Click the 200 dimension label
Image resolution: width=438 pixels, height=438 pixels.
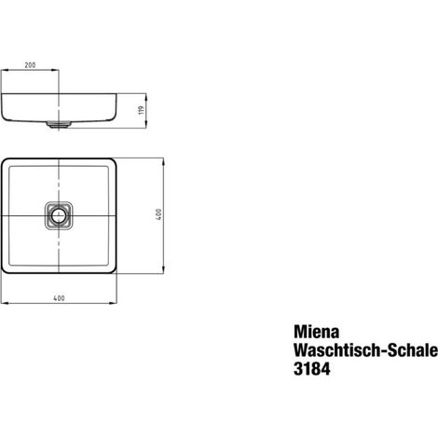pyautogui.click(x=30, y=65)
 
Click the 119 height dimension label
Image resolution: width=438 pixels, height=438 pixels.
pyautogui.click(x=142, y=110)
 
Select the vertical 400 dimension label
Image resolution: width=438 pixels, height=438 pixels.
pyautogui.click(x=158, y=214)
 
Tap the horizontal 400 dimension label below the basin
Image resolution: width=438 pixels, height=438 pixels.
pyautogui.click(x=59, y=298)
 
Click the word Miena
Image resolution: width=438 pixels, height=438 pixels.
pyautogui.click(x=316, y=332)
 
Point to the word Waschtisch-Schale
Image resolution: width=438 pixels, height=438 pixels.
pyautogui.click(x=365, y=350)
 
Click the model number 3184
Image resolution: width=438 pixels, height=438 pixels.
pyautogui.click(x=312, y=369)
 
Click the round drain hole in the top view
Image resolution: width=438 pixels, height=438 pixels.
pyautogui.click(x=58, y=215)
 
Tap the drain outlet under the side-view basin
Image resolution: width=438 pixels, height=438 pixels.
pyautogui.click(x=59, y=125)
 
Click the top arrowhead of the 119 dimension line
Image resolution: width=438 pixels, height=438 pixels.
pyautogui.click(x=146, y=96)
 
